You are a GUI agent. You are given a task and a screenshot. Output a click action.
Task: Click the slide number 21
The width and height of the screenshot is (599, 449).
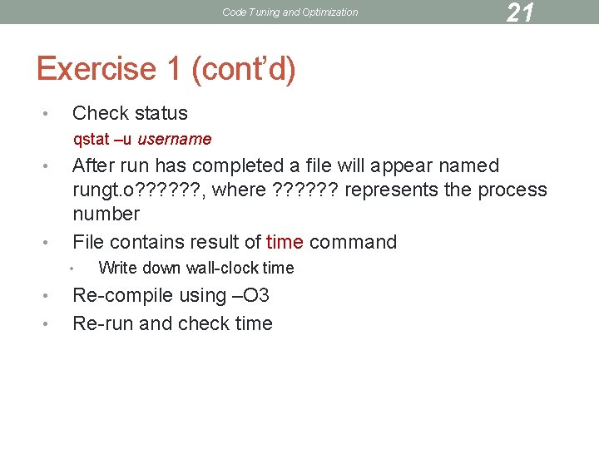click(x=520, y=12)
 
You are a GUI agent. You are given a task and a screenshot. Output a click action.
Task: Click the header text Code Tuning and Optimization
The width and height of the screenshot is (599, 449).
click(x=290, y=12)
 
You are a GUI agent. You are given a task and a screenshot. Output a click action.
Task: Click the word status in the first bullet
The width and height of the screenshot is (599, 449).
click(x=160, y=113)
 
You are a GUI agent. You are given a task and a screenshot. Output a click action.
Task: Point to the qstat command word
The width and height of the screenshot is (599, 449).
click(x=91, y=139)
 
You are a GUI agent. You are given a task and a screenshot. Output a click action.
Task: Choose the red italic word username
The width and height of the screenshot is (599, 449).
click(x=175, y=139)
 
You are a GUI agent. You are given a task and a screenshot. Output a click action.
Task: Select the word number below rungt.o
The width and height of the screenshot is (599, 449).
click(x=106, y=214)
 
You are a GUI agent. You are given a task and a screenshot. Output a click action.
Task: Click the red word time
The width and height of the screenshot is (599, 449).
click(x=285, y=242)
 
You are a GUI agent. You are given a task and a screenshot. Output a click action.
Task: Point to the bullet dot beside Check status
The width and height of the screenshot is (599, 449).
click(x=49, y=114)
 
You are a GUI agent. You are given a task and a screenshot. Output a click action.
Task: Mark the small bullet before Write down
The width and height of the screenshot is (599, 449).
click(x=73, y=268)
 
